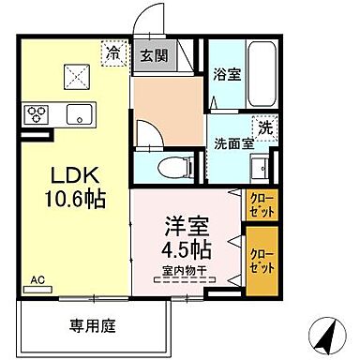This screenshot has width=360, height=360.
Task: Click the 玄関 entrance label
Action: pos(154,54)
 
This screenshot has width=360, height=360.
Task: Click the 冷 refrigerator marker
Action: pos(112,53)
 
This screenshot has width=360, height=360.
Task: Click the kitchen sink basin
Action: pos(76,115)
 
